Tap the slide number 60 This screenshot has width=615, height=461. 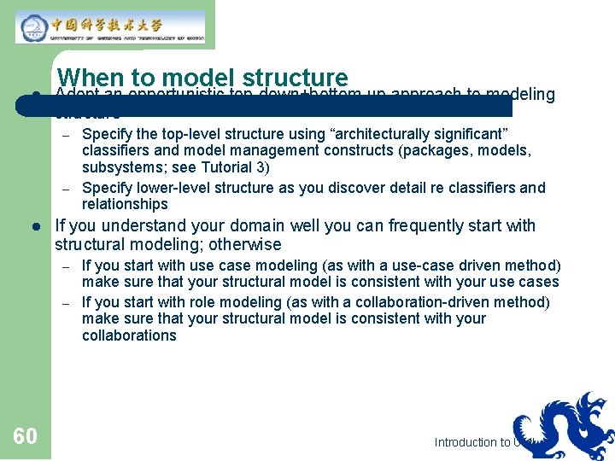click(x=25, y=437)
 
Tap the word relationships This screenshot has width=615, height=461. click(x=125, y=204)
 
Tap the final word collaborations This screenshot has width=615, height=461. click(x=129, y=336)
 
